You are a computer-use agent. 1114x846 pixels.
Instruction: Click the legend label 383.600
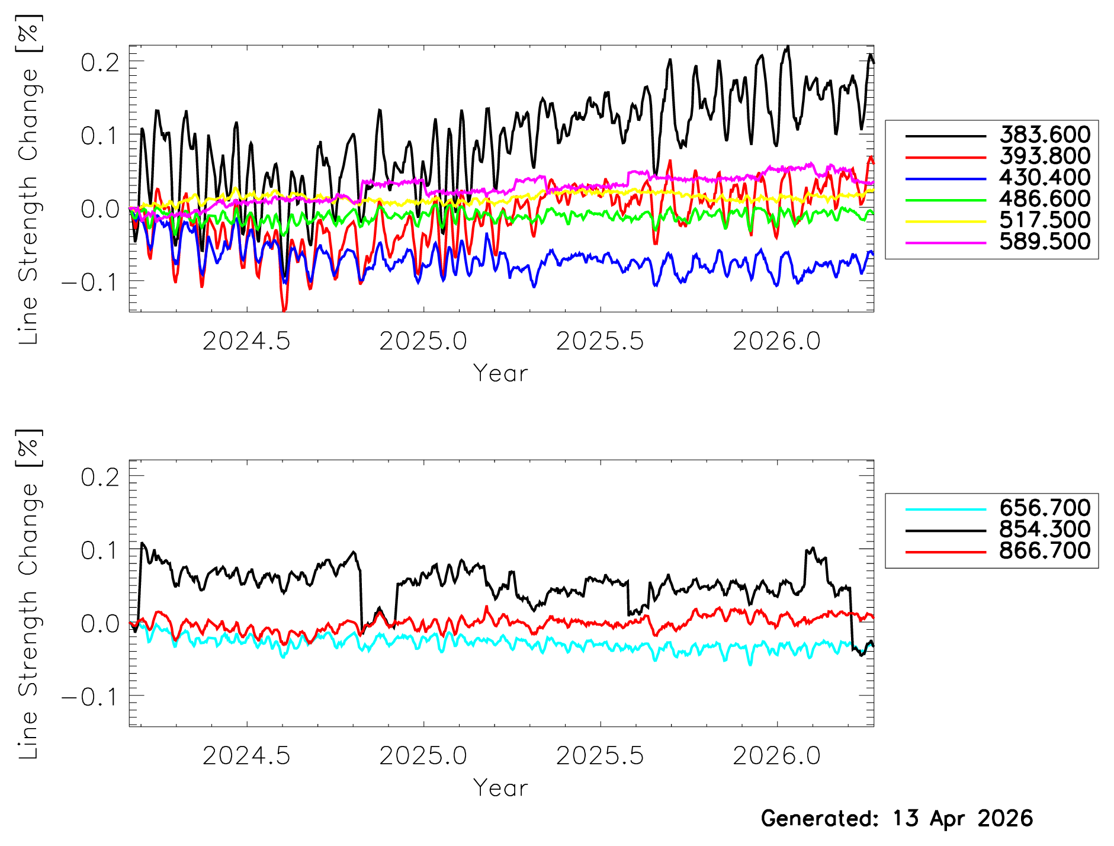click(1045, 135)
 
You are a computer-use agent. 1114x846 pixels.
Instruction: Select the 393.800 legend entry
click(1045, 156)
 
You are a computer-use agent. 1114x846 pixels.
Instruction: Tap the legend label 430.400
click(1045, 178)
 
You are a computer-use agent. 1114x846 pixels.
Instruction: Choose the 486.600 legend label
click(1045, 199)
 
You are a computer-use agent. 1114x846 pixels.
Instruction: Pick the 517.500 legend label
click(1045, 220)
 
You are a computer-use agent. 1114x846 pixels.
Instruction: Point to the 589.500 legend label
click(1045, 242)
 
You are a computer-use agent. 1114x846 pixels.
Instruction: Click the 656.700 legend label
click(1045, 508)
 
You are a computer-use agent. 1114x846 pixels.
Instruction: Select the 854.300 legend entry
click(1045, 530)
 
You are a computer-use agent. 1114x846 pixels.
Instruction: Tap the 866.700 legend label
click(1045, 551)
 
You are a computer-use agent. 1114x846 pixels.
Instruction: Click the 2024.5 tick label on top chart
click(246, 342)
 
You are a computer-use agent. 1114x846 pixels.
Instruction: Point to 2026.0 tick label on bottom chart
click(776, 757)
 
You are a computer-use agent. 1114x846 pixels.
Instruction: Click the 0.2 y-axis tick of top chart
click(100, 62)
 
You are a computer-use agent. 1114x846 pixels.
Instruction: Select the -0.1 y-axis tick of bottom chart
click(91, 697)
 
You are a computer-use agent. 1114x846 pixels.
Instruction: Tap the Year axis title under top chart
click(500, 374)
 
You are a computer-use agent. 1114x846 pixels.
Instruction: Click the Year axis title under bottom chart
click(500, 789)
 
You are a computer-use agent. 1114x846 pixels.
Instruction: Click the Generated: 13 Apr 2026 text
click(897, 819)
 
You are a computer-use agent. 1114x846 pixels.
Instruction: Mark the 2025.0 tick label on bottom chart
click(423, 757)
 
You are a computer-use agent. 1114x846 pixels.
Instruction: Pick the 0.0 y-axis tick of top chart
click(100, 209)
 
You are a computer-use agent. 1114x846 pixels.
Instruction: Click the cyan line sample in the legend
click(946, 509)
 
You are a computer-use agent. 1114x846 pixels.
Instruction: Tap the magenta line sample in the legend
click(946, 242)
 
